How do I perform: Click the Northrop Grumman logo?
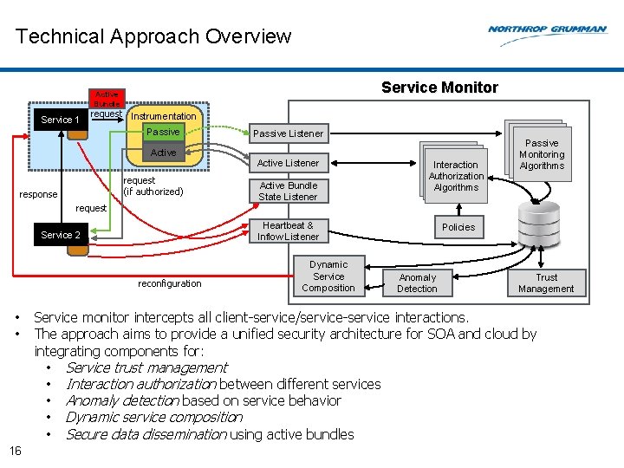point(547,29)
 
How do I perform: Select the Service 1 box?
point(61,120)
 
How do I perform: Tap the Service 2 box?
point(61,235)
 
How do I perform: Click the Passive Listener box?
point(288,133)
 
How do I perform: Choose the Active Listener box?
point(288,163)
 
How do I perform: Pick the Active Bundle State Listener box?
point(288,191)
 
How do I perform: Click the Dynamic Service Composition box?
point(328,276)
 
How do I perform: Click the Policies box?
point(458,227)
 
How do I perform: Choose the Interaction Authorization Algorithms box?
point(456,176)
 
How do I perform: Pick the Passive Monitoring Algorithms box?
point(542,154)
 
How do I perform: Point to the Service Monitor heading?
point(439,88)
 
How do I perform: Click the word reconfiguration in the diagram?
point(169,283)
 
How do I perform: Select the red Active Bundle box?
point(107,98)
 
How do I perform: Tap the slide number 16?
point(15,450)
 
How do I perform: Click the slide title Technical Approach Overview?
point(153,36)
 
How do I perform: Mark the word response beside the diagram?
point(38,194)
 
